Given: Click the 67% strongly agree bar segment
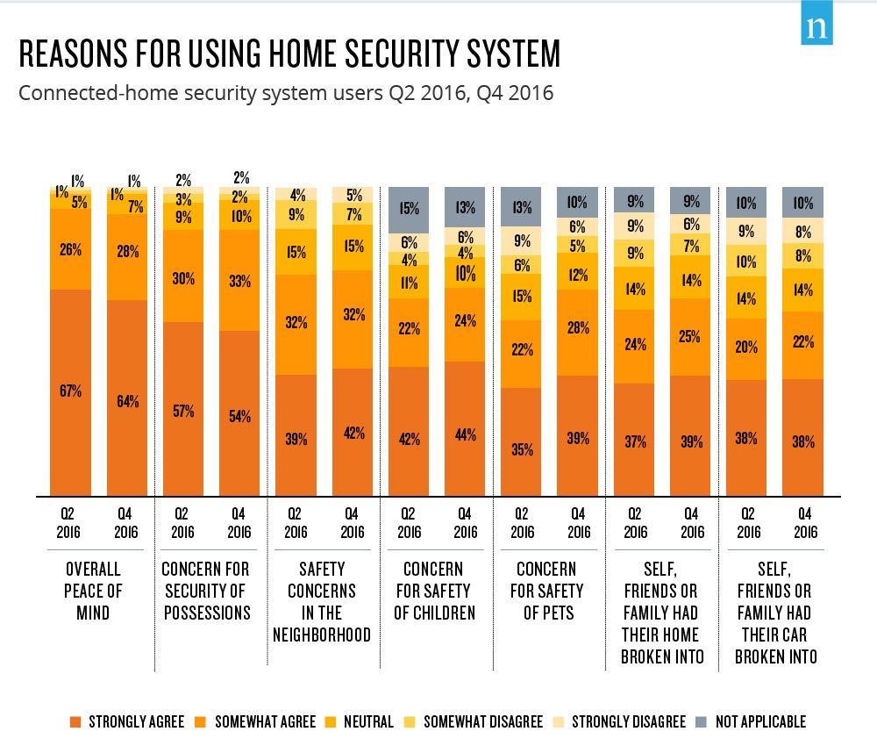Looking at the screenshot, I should tap(71, 391).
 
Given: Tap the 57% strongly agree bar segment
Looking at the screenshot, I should tap(182, 409).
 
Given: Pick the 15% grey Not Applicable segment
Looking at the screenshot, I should tap(410, 210).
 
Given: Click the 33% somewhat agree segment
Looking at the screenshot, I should tap(239, 281).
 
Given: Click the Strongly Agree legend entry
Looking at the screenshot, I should tap(126, 722).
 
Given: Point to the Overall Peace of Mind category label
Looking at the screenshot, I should tap(92, 591).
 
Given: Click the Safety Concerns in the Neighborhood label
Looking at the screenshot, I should tap(321, 601).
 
